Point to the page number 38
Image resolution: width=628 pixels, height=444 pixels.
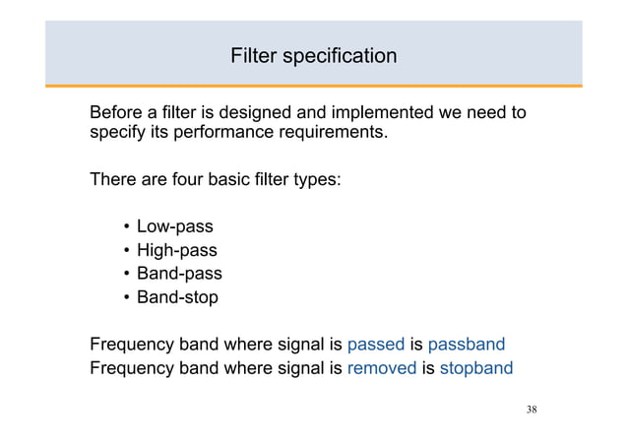tap(532, 409)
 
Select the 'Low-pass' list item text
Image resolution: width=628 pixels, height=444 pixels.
tap(174, 227)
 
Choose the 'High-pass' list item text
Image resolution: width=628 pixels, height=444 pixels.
tap(176, 250)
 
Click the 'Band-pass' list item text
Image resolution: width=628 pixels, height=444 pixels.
tap(179, 274)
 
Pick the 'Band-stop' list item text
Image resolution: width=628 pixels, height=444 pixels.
tap(177, 296)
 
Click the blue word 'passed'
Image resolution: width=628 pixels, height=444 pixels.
tap(376, 345)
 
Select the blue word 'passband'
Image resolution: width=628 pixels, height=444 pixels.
tap(467, 345)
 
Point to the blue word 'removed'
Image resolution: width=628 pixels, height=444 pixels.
tap(382, 368)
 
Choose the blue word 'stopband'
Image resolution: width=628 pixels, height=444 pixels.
tap(475, 368)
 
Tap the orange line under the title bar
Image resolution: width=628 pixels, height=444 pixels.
tap(314, 87)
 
